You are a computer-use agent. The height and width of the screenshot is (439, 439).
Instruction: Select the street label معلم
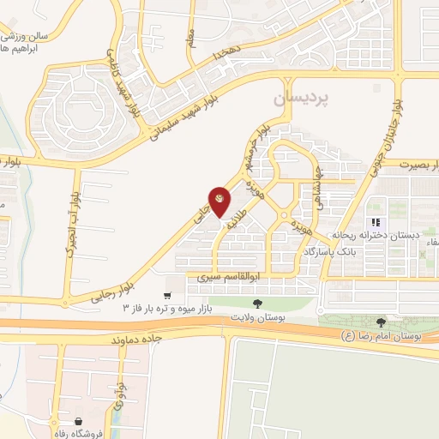191,35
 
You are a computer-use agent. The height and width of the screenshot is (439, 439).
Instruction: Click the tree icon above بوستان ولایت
256,303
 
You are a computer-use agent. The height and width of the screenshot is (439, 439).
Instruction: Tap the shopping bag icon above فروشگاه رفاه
79,421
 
